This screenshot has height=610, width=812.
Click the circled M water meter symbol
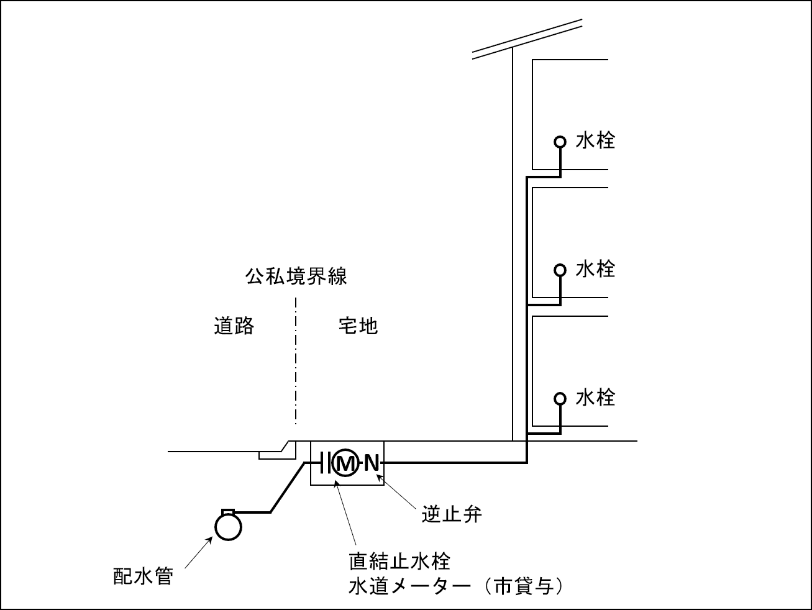[x=345, y=463]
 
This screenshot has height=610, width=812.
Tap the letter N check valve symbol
[x=371, y=463]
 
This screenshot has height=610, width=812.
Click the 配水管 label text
[x=142, y=576]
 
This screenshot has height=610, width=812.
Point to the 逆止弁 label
[x=452, y=514]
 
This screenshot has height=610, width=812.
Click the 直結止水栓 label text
[x=399, y=562]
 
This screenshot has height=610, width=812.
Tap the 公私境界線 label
[x=296, y=276]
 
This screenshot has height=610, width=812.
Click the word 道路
[x=234, y=325]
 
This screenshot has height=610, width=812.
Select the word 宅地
[x=358, y=325]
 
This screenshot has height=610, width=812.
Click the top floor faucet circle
[x=560, y=142]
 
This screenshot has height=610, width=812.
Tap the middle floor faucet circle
[x=560, y=270]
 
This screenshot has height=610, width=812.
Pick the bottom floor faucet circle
[x=560, y=398]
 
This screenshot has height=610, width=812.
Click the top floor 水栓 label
[x=595, y=141]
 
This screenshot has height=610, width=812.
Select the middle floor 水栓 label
[x=595, y=269]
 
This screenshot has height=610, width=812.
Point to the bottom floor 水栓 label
[x=595, y=398]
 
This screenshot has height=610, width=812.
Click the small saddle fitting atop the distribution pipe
[x=228, y=512]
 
